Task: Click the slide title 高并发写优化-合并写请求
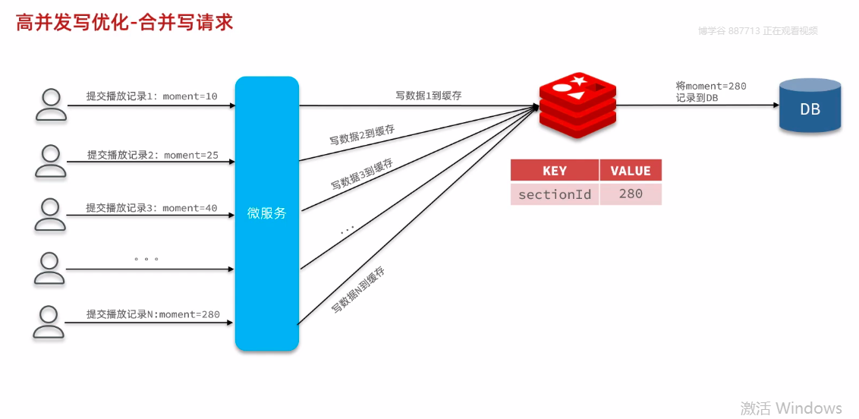click(124, 22)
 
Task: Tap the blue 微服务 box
click(266, 213)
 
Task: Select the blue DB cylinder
click(810, 106)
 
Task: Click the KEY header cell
click(554, 171)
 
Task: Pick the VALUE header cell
click(631, 171)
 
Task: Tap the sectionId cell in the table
click(554, 194)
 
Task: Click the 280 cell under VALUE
click(631, 194)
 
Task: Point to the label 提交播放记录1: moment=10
click(152, 96)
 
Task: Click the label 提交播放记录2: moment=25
click(152, 155)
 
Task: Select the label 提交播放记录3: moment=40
click(151, 208)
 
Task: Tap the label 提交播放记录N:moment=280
click(153, 314)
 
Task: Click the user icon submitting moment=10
click(51, 105)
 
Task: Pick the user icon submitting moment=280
click(51, 321)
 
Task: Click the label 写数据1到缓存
click(429, 96)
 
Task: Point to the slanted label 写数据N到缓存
click(358, 291)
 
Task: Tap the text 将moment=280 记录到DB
click(711, 92)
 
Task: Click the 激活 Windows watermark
click(791, 408)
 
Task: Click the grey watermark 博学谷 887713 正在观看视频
click(757, 31)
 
